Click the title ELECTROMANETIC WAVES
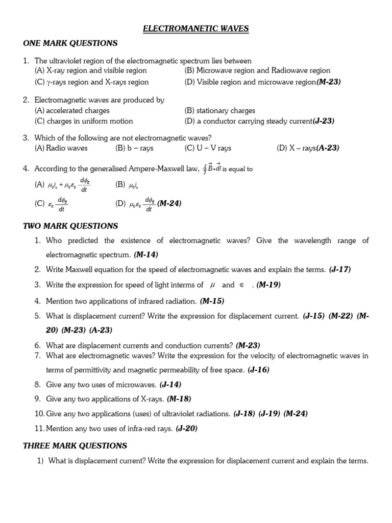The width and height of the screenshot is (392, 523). click(195, 29)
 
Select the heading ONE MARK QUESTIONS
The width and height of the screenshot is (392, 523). click(70, 43)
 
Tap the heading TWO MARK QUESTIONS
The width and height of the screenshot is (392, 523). click(70, 226)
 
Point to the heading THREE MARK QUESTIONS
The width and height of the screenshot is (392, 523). click(75, 446)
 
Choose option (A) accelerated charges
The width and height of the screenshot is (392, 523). click(72, 110)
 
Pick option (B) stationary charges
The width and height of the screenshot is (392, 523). click(219, 110)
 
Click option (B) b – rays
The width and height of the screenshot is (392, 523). click(134, 148)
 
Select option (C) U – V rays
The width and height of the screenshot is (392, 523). click(208, 148)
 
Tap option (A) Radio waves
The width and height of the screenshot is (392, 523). click(61, 148)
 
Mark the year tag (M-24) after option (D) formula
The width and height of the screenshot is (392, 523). click(169, 203)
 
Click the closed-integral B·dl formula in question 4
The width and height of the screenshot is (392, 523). click(212, 169)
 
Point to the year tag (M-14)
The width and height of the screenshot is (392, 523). click(146, 254)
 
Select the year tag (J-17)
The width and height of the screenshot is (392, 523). click(340, 269)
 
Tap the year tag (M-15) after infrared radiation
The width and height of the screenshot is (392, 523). click(212, 301)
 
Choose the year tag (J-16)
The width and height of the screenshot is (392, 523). click(258, 370)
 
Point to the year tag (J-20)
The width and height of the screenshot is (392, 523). click(186, 429)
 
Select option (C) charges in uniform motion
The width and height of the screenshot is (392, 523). click(84, 121)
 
